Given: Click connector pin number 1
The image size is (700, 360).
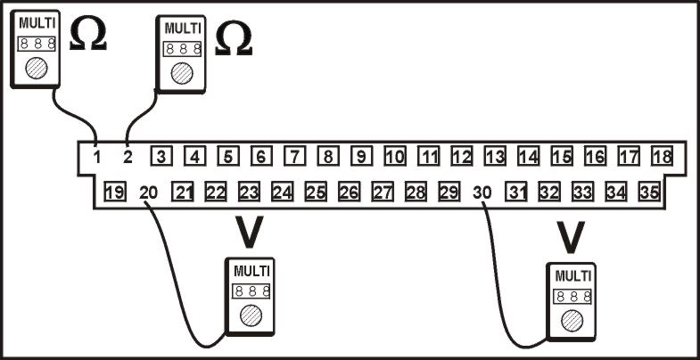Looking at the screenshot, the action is [96, 157].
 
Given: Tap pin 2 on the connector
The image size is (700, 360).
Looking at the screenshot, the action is [128, 157].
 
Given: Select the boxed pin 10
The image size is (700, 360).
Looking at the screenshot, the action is [395, 156].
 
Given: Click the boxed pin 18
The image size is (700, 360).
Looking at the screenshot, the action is [662, 156].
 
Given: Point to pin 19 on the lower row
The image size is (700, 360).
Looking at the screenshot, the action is [115, 192].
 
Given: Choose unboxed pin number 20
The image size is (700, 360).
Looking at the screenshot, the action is [149, 192].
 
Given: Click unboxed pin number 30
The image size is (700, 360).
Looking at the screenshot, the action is [482, 192].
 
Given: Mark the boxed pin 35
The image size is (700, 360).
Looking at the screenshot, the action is [649, 192].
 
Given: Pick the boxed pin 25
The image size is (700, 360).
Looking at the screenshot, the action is [316, 192].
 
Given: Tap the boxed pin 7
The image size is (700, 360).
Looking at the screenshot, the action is [294, 156].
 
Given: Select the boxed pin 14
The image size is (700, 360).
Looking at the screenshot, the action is [529, 156].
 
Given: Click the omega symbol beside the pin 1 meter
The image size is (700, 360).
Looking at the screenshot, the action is [88, 35].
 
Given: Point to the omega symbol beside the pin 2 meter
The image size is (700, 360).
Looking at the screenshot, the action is [234, 40].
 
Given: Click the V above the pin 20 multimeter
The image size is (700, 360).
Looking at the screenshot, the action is [249, 232].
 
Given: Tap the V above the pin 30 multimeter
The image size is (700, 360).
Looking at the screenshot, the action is [571, 237].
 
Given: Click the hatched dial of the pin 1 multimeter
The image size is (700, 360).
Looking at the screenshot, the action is [37, 69].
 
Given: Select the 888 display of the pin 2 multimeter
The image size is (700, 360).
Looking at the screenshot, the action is [182, 49].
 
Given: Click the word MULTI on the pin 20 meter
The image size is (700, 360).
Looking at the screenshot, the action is [251, 271].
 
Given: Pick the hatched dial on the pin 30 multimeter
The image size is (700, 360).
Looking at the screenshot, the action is [572, 321].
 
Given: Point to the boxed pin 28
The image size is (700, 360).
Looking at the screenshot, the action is [416, 192].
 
